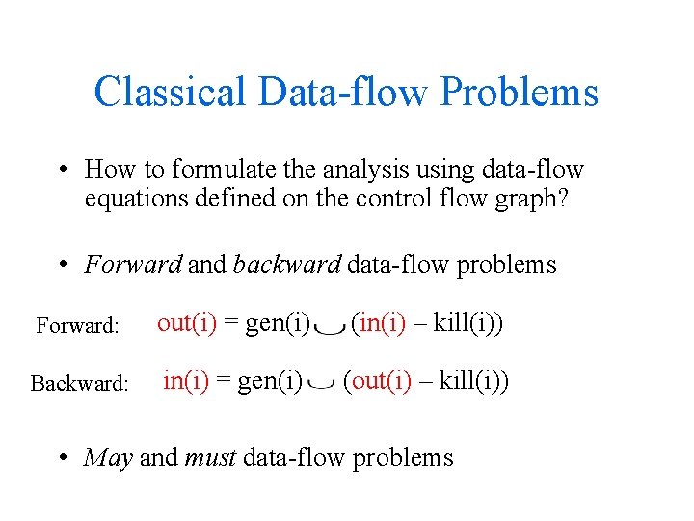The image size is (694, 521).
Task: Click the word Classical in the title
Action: (x=171, y=93)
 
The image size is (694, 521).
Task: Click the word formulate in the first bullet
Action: (x=218, y=170)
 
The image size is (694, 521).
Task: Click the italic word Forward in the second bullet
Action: (x=133, y=264)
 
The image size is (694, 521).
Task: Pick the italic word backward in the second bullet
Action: (x=286, y=264)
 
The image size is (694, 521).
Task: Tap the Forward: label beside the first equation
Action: (x=77, y=326)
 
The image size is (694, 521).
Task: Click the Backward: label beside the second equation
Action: (x=79, y=384)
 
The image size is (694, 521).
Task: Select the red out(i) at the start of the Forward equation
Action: (x=187, y=323)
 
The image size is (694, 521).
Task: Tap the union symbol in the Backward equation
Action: (x=323, y=385)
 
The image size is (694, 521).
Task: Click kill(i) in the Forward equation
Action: (x=468, y=323)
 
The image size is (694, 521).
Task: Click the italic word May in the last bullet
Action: (x=108, y=456)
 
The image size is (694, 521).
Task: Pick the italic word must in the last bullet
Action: (x=211, y=457)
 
